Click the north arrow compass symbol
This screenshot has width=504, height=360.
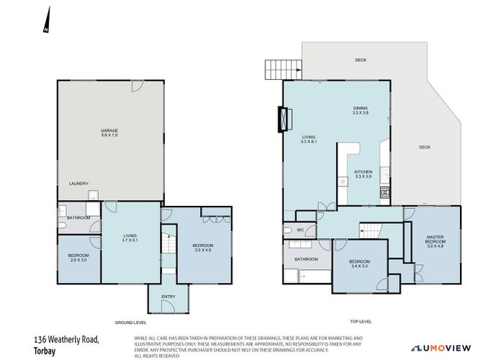pos(45,21)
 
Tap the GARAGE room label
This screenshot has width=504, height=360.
pos(109,133)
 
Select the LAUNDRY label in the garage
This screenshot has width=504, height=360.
pos(78,184)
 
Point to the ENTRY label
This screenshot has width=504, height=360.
pos(168,296)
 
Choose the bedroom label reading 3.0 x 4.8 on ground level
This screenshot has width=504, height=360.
pos(203,248)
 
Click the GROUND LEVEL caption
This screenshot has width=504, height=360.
pos(130,323)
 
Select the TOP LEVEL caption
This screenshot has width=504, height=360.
pos(361,323)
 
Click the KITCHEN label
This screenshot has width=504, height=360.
pos(364,174)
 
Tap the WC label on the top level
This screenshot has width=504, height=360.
pos(301,230)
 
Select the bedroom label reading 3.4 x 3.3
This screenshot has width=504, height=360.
pos(359,263)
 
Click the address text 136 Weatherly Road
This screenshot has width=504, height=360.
pos(66,338)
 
